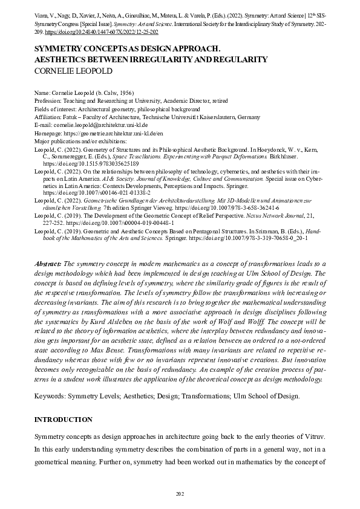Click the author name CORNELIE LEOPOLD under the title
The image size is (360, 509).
[x=74, y=70]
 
